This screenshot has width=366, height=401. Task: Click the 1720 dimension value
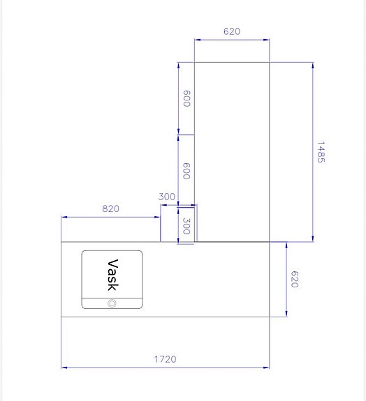pos(166,359)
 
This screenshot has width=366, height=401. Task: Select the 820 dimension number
pos(111,209)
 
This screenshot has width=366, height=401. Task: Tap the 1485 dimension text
pos(321,152)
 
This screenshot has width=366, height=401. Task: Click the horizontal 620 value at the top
pos(232,31)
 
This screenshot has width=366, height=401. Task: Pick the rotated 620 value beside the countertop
pos(294,280)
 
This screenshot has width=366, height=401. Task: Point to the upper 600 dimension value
pos(186,98)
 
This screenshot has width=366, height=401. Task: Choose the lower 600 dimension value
pos(186,171)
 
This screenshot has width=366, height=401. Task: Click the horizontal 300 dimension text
pos(167,197)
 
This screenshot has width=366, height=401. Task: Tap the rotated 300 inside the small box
pos(186,225)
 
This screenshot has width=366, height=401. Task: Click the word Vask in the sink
pos(112,274)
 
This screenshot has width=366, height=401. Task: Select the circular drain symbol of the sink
pos(112,303)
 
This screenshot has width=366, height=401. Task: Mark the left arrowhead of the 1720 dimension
pos(64,367)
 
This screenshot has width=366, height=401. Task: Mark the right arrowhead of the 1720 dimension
pos(268,367)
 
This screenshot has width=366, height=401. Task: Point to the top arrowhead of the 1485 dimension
pos(312,64)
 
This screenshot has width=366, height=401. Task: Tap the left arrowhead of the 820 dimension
pos(64,217)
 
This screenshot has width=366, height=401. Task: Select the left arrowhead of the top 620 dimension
pos(196,40)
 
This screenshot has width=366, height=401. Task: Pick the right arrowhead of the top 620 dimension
pos(267,40)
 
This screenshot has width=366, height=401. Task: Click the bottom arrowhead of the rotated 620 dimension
pos(286,314)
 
